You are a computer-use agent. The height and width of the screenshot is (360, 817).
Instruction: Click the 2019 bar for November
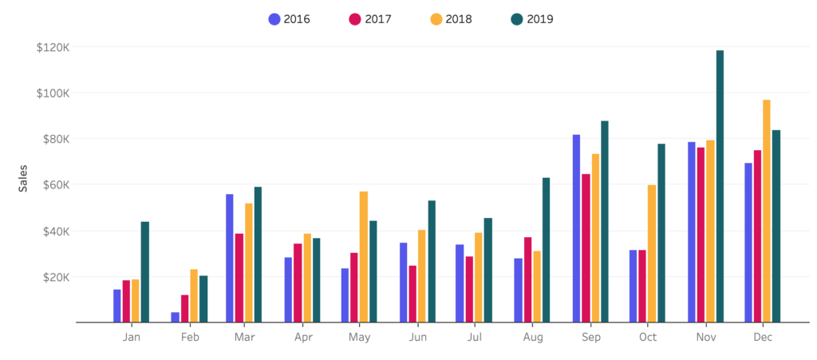coord(720,187)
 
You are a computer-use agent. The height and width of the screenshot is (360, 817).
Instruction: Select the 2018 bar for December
coord(767,212)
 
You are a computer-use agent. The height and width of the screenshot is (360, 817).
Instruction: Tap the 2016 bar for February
coord(175,318)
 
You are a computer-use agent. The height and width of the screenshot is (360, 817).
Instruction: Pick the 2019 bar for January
coord(145,272)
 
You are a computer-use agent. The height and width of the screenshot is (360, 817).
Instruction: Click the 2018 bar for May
coord(364,257)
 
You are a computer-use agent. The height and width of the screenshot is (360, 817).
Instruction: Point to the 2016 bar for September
coord(576,229)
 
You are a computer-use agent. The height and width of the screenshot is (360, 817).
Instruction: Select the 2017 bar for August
coord(528,280)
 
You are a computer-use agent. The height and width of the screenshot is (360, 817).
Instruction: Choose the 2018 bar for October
coord(652,254)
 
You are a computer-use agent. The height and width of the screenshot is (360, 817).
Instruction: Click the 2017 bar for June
coord(412,295)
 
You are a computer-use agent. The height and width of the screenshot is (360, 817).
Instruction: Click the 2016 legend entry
coord(290,19)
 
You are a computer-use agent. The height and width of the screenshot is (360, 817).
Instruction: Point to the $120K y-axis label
coord(53,47)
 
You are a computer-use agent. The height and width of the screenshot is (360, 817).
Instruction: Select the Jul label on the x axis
coord(475,338)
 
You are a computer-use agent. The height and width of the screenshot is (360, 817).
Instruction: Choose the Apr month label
coord(303,338)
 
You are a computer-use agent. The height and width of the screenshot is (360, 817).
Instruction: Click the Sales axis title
coord(23,177)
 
